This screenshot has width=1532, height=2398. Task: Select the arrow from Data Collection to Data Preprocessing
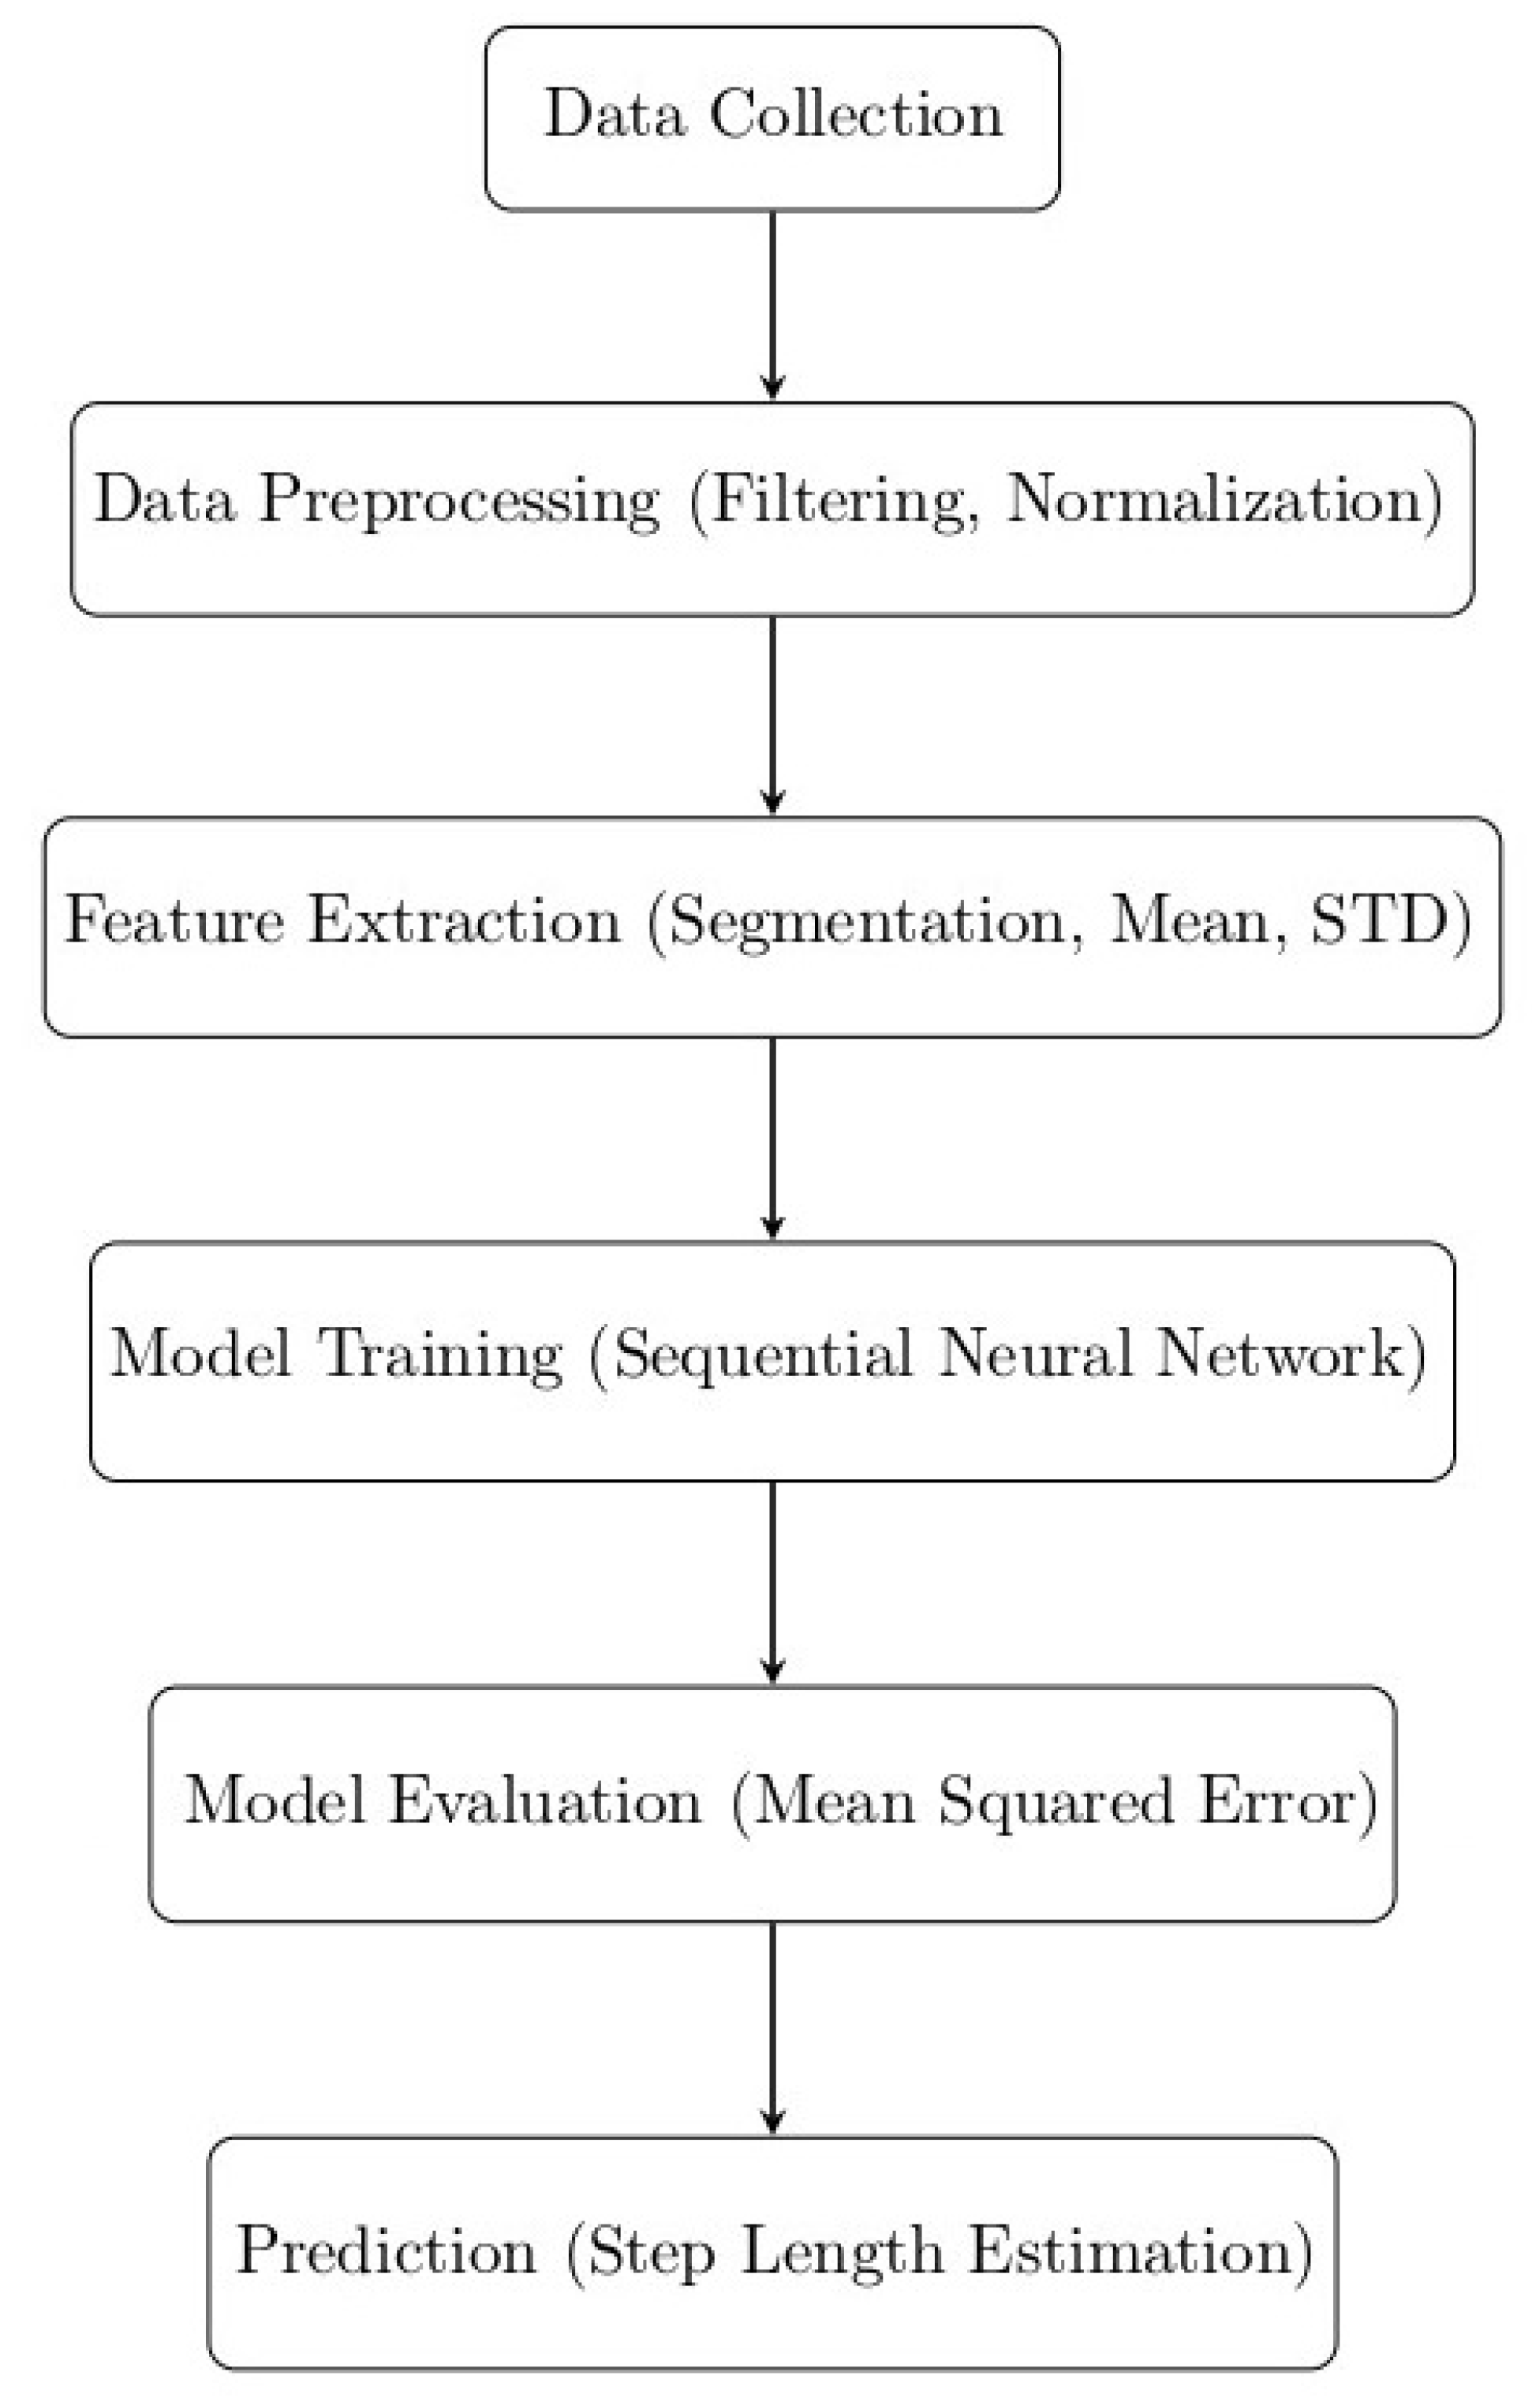pyautogui.click(x=773, y=304)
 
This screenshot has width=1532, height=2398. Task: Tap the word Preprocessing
pyautogui.click(x=459, y=500)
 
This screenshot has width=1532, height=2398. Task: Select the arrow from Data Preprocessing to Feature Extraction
pyautogui.click(x=773, y=715)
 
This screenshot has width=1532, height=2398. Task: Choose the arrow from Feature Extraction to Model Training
pyautogui.click(x=773, y=1137)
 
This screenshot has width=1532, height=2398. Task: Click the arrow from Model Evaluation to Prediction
pyautogui.click(x=773, y=2027)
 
